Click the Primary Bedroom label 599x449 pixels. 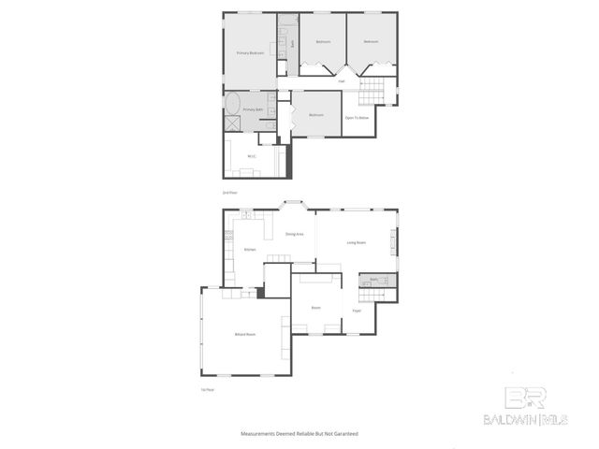pyautogui.click(x=250, y=53)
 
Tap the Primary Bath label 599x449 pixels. pyautogui.click(x=254, y=109)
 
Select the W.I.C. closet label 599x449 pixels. pyautogui.click(x=252, y=156)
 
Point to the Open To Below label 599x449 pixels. pyautogui.click(x=356, y=118)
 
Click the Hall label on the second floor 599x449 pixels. pyautogui.click(x=342, y=82)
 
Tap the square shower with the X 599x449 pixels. pyautogui.click(x=231, y=123)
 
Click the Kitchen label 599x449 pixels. pyautogui.click(x=250, y=250)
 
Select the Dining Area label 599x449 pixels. pyautogui.click(x=294, y=234)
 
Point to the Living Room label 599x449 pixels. pyautogui.click(x=356, y=242)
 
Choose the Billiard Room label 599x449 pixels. pyautogui.click(x=245, y=334)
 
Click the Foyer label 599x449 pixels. pyautogui.click(x=357, y=311)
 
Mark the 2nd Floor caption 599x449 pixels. pyautogui.click(x=228, y=192)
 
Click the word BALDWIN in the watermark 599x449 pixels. pyautogui.click(x=505, y=418)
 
